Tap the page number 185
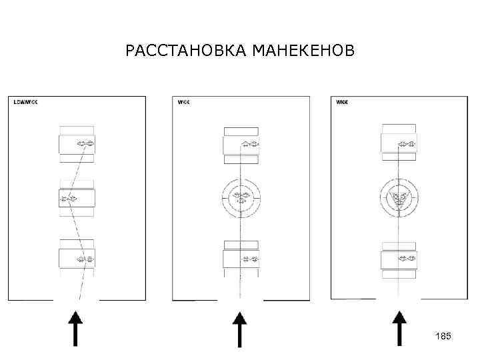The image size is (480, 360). (x=443, y=337)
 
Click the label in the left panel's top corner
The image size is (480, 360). (x=25, y=102)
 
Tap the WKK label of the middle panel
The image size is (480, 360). (x=183, y=102)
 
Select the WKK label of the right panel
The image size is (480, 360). (x=342, y=102)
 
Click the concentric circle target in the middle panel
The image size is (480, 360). (x=241, y=197)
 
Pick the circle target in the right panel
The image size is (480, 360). (x=399, y=197)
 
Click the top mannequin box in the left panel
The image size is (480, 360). (x=77, y=143)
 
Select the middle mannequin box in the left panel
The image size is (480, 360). (x=77, y=198)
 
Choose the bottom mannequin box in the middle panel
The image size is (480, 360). (x=241, y=258)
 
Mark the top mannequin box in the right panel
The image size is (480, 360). (x=399, y=143)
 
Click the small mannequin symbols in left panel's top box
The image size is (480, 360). (x=85, y=143)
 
